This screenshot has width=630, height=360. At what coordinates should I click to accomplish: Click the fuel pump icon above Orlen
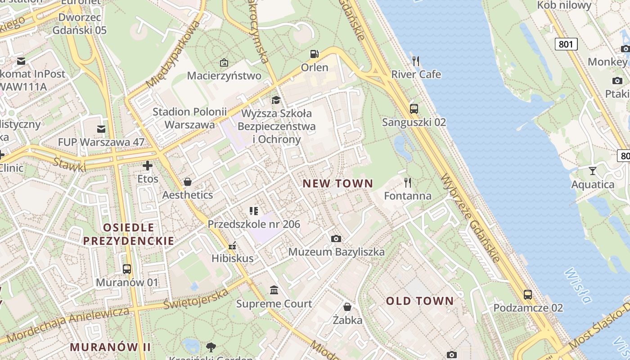pyautogui.click(x=314, y=54)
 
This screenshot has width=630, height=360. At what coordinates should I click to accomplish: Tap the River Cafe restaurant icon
pyautogui.click(x=416, y=61)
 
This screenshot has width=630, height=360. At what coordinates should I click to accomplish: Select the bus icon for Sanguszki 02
pyautogui.click(x=414, y=108)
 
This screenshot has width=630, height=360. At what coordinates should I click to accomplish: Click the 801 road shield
pyautogui.click(x=566, y=44)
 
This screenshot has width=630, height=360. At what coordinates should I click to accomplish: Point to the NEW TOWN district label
pyautogui.click(x=338, y=184)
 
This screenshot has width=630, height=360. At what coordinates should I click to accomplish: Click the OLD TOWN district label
pyautogui.click(x=420, y=301)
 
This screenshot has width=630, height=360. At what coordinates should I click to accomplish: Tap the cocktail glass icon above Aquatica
pyautogui.click(x=593, y=171)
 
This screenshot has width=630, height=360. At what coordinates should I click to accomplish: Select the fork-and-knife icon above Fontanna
pyautogui.click(x=408, y=182)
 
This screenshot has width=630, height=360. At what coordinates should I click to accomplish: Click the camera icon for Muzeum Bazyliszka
pyautogui.click(x=336, y=238)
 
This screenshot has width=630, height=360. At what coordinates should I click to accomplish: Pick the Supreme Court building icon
pyautogui.click(x=274, y=290)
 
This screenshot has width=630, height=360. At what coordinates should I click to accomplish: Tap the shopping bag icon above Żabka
pyautogui.click(x=347, y=307)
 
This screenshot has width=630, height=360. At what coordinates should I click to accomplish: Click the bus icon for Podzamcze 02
pyautogui.click(x=528, y=295)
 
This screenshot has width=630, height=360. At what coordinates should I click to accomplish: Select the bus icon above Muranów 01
pyautogui.click(x=127, y=269)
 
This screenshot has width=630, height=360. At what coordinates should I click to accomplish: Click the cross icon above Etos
pyautogui.click(x=148, y=166)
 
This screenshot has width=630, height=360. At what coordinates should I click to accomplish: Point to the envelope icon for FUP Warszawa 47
pyautogui.click(x=101, y=129)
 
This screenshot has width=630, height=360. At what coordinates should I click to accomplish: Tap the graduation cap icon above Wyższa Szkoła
pyautogui.click(x=276, y=99)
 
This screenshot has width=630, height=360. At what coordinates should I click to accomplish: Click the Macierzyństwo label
pyautogui.click(x=224, y=76)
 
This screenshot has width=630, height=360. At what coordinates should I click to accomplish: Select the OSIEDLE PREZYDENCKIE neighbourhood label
pyautogui.click(x=129, y=234)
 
